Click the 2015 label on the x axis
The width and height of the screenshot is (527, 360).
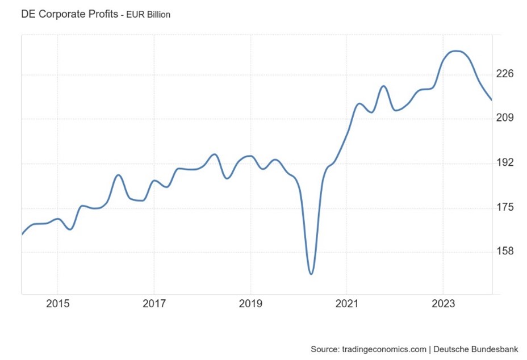[x=57, y=304]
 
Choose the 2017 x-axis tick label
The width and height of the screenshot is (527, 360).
[x=154, y=304]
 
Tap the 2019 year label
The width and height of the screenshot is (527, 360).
[x=250, y=304]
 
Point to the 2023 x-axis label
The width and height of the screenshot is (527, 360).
[x=443, y=304]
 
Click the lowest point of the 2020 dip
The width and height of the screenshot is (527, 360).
[x=311, y=274]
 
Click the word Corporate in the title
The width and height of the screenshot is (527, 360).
[x=61, y=14]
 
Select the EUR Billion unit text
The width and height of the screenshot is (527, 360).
[x=148, y=15]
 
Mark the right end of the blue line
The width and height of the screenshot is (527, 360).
[x=492, y=100]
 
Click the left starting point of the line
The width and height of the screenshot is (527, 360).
[x=22, y=234]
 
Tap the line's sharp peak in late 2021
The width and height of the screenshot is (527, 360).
[x=384, y=86]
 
